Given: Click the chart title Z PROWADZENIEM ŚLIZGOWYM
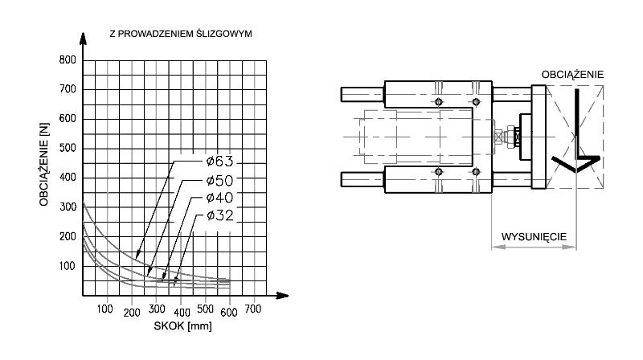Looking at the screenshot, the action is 180,34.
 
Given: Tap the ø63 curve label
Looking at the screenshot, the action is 219,162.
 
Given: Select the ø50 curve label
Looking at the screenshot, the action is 219,181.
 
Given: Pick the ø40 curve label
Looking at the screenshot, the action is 219,198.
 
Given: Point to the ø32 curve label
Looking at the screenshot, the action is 219,215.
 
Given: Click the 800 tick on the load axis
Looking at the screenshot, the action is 68,59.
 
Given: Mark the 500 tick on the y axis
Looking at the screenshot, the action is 68,148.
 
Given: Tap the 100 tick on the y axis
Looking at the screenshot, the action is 68,266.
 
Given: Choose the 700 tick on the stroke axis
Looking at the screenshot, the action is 253,309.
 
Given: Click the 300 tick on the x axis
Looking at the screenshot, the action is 157,309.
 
